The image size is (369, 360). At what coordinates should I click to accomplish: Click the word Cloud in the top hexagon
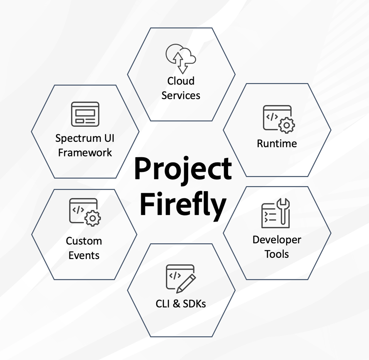pyautogui.click(x=181, y=81)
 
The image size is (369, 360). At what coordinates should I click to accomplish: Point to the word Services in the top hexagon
pyautogui.click(x=181, y=96)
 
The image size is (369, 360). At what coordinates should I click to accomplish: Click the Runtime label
pyautogui.click(x=277, y=143)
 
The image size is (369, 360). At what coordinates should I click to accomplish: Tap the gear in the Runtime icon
pyautogui.click(x=287, y=125)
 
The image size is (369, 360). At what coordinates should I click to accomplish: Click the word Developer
pyautogui.click(x=277, y=240)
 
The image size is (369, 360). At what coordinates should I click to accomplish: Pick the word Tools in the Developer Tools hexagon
pyautogui.click(x=277, y=254)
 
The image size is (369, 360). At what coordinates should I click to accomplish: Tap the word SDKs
pyautogui.click(x=194, y=304)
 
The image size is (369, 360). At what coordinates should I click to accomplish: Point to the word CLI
pyautogui.click(x=162, y=304)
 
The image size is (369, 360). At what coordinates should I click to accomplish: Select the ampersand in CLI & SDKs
pyautogui.click(x=176, y=304)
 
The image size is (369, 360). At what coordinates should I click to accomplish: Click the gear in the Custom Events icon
pyautogui.click(x=93, y=218)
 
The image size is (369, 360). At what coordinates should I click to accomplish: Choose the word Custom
pyautogui.click(x=84, y=241)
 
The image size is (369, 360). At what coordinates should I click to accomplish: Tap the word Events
pyautogui.click(x=84, y=256)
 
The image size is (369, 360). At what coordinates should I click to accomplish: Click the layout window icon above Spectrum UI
pyautogui.click(x=85, y=114)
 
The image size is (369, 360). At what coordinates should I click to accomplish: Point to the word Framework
pyautogui.click(x=85, y=153)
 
